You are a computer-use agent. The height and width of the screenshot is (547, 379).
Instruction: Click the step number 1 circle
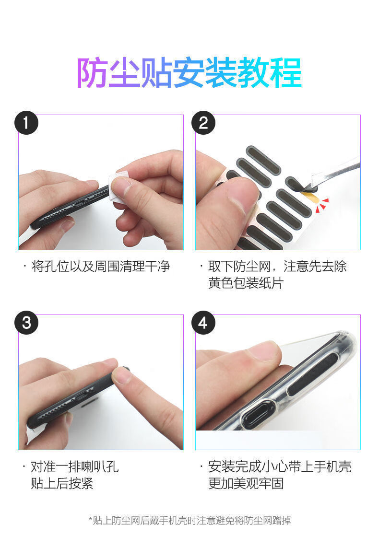26,123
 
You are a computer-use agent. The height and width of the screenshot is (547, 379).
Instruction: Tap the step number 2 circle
203,123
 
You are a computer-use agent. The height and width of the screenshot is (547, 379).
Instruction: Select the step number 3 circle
26,323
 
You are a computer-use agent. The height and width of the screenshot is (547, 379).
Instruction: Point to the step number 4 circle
203,323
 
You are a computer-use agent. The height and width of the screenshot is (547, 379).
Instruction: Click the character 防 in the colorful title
92,72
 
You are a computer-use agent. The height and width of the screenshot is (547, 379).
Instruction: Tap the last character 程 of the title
287,72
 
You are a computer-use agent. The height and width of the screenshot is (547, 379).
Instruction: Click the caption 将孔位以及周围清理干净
101,267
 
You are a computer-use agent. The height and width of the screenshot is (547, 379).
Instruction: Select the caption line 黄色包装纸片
246,283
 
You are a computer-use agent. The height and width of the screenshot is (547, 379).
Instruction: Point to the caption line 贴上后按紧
62,484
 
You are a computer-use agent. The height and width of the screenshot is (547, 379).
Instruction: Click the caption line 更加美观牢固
246,484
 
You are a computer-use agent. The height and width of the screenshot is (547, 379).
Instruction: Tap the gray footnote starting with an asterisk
189,521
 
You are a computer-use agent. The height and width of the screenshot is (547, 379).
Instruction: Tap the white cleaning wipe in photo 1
117,186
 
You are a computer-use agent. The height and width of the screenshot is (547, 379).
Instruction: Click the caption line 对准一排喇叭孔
75,467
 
